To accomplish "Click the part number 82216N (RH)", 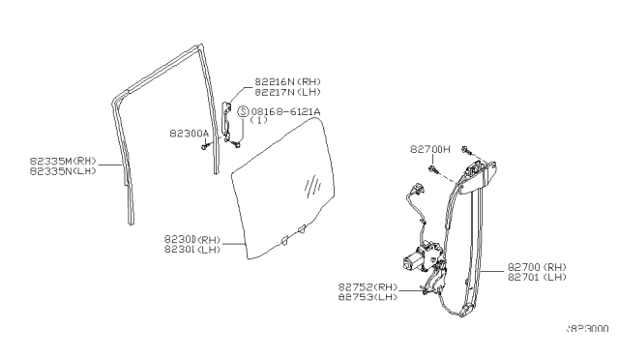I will point(287,82).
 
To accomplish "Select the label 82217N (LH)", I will point(287,92).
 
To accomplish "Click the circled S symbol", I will point(243,112).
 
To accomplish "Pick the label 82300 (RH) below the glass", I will point(192,238).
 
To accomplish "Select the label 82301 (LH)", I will point(192,249).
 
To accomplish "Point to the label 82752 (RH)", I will point(368,286).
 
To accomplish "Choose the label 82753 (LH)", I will point(368,297).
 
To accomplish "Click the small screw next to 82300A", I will point(206,145).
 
